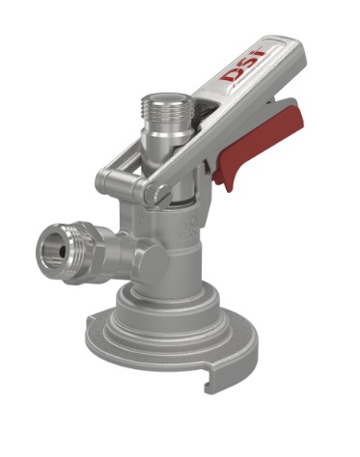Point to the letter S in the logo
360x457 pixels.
click(248, 66)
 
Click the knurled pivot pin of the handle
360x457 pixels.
click(155, 194)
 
